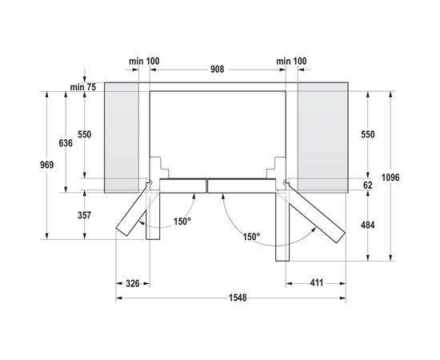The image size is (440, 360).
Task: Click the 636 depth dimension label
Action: click(66, 142)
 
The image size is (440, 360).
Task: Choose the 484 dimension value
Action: click(367, 226)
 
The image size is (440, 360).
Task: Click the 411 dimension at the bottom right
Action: click(318, 283)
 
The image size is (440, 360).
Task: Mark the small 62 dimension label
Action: click(367, 184)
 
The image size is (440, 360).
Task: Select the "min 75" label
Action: click(82, 86)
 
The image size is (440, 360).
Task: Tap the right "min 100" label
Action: click(291, 61)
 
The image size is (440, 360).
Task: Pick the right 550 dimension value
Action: click(367, 134)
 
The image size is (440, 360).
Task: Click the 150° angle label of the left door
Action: click(183, 221)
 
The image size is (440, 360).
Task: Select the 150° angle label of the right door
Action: click(251, 237)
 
